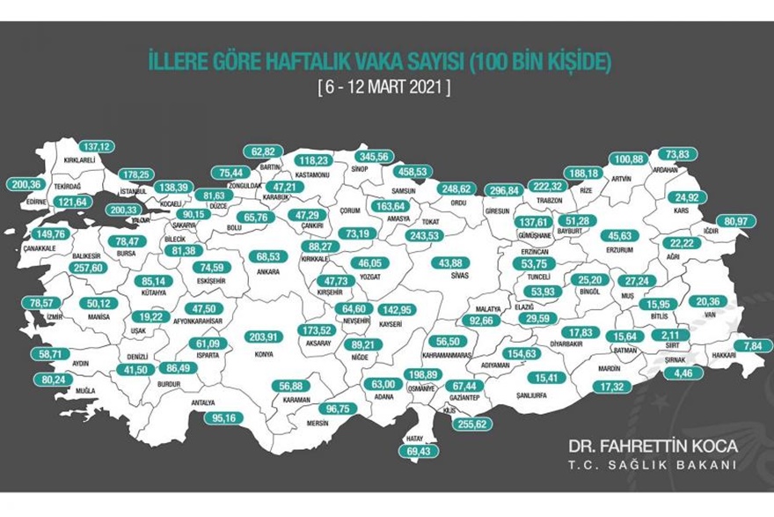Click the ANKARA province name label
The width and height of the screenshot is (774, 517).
pyautogui.click(x=267, y=272)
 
